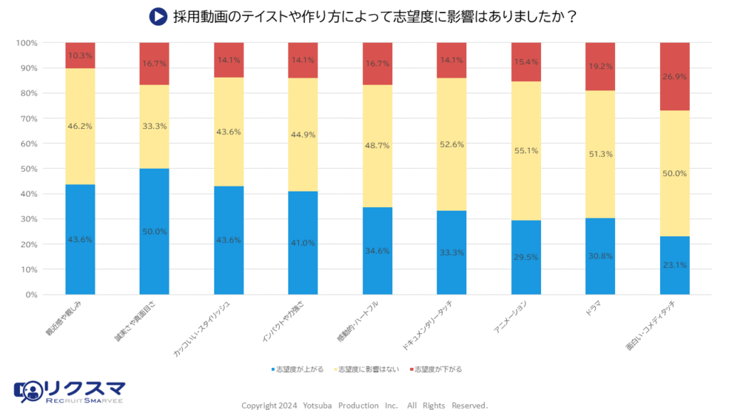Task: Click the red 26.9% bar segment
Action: click(x=674, y=76)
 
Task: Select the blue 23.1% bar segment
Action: click(x=674, y=266)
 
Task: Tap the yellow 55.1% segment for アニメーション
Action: click(x=526, y=151)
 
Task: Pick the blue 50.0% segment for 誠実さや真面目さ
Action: click(x=154, y=231)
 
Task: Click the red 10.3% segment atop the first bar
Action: click(x=80, y=56)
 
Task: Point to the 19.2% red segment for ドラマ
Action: click(x=600, y=66)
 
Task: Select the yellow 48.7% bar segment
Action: click(x=377, y=146)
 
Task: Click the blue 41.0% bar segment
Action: click(x=303, y=243)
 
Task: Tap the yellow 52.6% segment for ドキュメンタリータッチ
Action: click(x=451, y=144)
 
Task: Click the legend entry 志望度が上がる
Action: click(x=298, y=369)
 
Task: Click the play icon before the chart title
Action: click(x=157, y=16)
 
